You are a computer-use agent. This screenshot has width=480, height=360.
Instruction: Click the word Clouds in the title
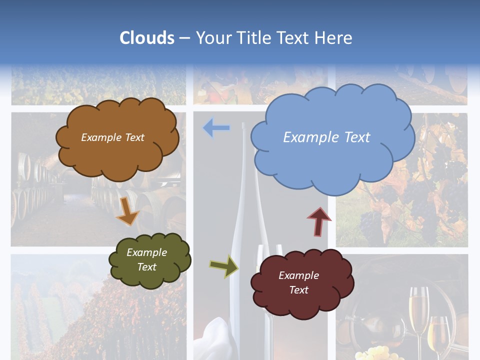pos(147,38)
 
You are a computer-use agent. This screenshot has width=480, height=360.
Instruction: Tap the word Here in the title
pos(333,38)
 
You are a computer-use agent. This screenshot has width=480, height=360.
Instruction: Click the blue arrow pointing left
pos(216,128)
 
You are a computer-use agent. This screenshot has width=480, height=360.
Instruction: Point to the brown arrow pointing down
pos(127,211)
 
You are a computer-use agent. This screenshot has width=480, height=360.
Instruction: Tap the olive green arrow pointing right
pos(224,266)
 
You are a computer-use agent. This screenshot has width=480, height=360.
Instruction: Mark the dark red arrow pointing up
pos(319,221)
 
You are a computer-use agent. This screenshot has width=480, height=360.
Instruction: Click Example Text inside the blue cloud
pos(326,137)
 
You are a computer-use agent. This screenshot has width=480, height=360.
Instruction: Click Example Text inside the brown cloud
pos(112,137)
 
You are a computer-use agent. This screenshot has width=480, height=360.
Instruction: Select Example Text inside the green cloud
pos(146,259)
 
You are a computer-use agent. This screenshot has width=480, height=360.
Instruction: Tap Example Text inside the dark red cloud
pos(298,282)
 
